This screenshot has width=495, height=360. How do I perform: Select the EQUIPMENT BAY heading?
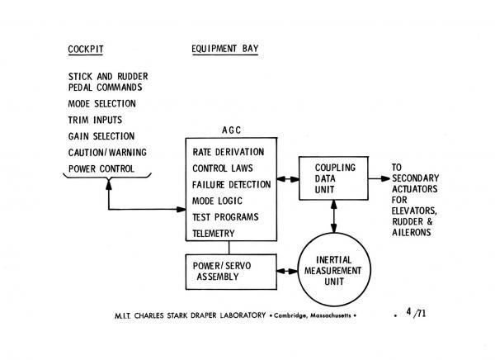pos(224,49)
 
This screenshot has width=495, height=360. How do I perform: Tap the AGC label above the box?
pos(232,130)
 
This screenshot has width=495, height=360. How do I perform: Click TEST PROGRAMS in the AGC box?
pos(225,217)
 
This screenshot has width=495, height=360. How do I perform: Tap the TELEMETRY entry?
pos(216,234)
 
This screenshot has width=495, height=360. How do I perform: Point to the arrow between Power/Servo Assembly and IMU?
pos(289,270)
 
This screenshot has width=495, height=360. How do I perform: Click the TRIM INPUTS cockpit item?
pos(95,120)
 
